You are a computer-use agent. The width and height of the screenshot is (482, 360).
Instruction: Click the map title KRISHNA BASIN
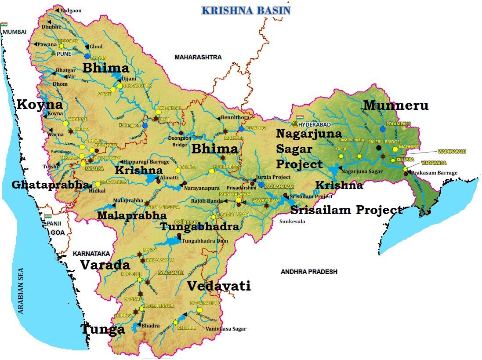click(x=246, y=10)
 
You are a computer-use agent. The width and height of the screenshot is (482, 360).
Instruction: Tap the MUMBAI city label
click(x=14, y=32)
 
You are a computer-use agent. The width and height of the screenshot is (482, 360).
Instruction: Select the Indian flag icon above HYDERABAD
click(x=301, y=118)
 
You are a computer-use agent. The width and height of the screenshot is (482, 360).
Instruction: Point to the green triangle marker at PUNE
click(x=53, y=53)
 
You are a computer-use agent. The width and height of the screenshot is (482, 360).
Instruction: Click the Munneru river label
click(x=395, y=105)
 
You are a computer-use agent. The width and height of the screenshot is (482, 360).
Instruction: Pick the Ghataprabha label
click(x=49, y=185)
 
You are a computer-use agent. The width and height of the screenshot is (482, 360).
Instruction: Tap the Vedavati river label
click(x=218, y=286)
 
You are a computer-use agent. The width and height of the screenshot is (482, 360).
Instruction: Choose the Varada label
click(x=105, y=265)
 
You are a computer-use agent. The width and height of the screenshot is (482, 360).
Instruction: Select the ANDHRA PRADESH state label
click(x=309, y=272)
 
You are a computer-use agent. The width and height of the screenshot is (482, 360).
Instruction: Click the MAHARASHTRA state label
click(x=198, y=57)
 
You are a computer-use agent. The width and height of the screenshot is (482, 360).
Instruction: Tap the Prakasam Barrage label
click(x=434, y=173)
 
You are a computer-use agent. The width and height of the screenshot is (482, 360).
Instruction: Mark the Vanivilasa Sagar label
click(x=226, y=328)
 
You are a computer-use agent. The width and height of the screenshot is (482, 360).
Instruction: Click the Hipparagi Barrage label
click(x=146, y=162)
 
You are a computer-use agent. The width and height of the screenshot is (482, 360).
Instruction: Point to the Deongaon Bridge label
click(x=180, y=141)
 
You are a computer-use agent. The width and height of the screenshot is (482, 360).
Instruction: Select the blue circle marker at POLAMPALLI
click(x=383, y=129)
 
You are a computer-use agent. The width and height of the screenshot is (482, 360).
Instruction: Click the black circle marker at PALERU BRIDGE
click(x=379, y=148)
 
